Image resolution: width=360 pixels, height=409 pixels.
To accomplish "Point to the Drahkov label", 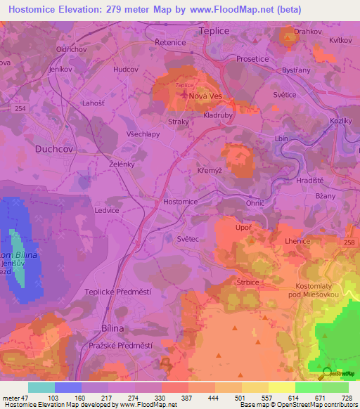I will click(x=308, y=32).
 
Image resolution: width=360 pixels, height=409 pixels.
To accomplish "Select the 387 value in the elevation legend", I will click(x=188, y=397).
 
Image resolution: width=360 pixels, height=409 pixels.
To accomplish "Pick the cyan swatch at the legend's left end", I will click(x=41, y=387).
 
